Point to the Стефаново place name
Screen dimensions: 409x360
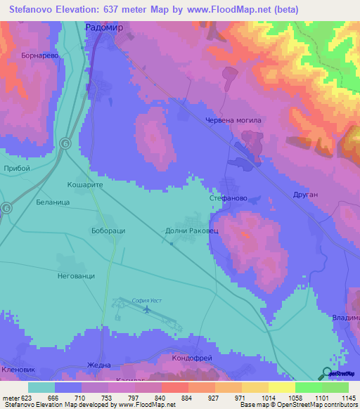pos(226,199)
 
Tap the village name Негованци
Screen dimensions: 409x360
pos(76,276)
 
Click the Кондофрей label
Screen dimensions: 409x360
pos(192,358)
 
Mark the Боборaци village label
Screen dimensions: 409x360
pos(108,231)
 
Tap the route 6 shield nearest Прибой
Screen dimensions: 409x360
pos(65,143)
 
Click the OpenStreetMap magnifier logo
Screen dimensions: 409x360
pos(326,374)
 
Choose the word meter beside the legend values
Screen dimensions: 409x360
pos(12,397)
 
